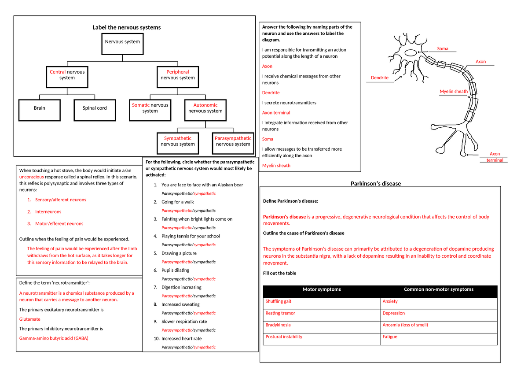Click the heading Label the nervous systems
[x=126, y=27]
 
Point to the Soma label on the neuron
[x=442, y=48]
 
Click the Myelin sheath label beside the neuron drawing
[x=454, y=92]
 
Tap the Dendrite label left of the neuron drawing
[x=380, y=78]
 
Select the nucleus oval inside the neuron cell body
[x=411, y=53]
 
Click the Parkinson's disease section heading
[x=375, y=184]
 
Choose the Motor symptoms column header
[x=322, y=290]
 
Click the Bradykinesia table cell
[x=278, y=325]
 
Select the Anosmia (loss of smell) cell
[x=405, y=325]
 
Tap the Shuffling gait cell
[x=279, y=302]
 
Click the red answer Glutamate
[x=30, y=319]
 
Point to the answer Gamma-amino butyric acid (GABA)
[x=54, y=338]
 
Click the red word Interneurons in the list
[x=48, y=212]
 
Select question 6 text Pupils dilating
[x=175, y=270]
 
